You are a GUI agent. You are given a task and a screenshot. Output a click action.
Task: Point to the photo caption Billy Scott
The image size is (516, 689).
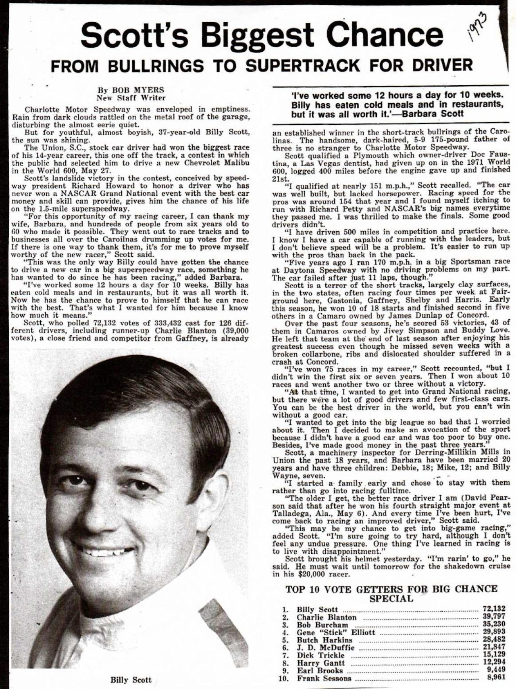coord(131,680)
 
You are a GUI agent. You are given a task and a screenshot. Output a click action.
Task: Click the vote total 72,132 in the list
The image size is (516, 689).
coord(494,609)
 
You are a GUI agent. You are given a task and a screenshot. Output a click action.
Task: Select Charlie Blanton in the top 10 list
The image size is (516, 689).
coord(327,617)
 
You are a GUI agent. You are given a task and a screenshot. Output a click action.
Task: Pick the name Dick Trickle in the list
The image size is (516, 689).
coord(320,655)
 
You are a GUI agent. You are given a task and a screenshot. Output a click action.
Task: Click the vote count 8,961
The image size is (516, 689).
coord(496,678)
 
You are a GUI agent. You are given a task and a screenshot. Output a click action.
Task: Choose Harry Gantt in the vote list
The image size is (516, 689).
coord(320,663)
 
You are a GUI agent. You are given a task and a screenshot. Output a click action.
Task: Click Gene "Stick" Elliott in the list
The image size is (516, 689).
coord(336,632)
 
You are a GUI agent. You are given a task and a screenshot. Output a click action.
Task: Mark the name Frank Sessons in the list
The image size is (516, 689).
coord(324,678)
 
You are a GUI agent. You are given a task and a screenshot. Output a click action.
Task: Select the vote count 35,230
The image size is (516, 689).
coord(494,624)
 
